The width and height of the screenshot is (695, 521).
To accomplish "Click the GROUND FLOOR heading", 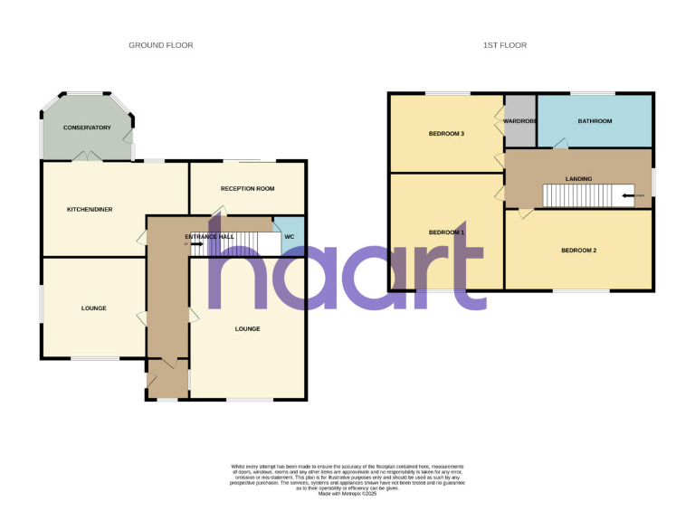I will pos(160,45).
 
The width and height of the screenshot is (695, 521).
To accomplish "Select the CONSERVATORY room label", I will pos(87,128).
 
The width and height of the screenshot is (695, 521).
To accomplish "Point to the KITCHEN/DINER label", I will pos(90,209).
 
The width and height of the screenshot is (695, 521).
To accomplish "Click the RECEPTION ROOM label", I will pos(247,188).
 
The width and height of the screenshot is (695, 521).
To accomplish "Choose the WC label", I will pos(289,236).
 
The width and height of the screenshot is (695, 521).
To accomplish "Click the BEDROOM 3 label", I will pos(446,134).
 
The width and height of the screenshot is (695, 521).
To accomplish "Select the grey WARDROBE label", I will pos(520,121).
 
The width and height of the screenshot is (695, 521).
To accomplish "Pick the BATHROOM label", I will pos(595,121).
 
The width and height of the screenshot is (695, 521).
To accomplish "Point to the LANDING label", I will pos(578,179).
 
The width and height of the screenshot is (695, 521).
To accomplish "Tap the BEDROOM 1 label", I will pos(446,232).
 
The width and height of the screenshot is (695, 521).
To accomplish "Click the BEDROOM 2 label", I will pos(578,251).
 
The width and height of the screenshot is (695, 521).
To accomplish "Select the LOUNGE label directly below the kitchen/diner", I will pos(93,308).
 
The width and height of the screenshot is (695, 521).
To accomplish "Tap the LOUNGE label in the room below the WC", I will pos(247,328).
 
